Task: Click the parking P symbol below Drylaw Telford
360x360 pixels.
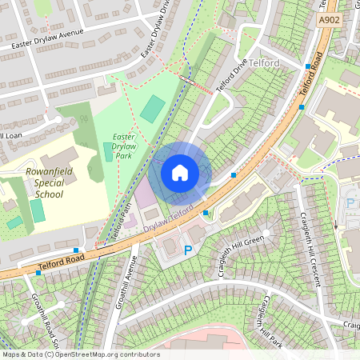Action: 188,250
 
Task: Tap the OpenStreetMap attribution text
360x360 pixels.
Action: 81,354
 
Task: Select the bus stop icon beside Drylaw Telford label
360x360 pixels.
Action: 206,213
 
